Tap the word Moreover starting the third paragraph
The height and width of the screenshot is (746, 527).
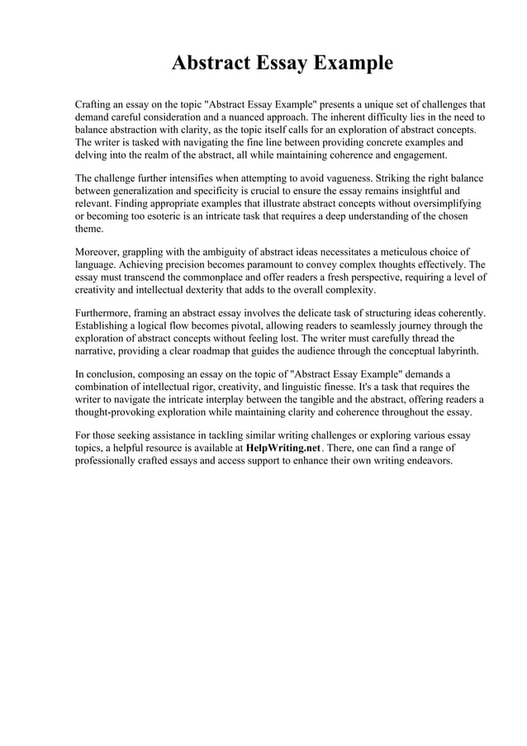[99, 252]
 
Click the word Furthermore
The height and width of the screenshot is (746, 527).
[105, 313]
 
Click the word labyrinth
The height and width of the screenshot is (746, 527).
[453, 350]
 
